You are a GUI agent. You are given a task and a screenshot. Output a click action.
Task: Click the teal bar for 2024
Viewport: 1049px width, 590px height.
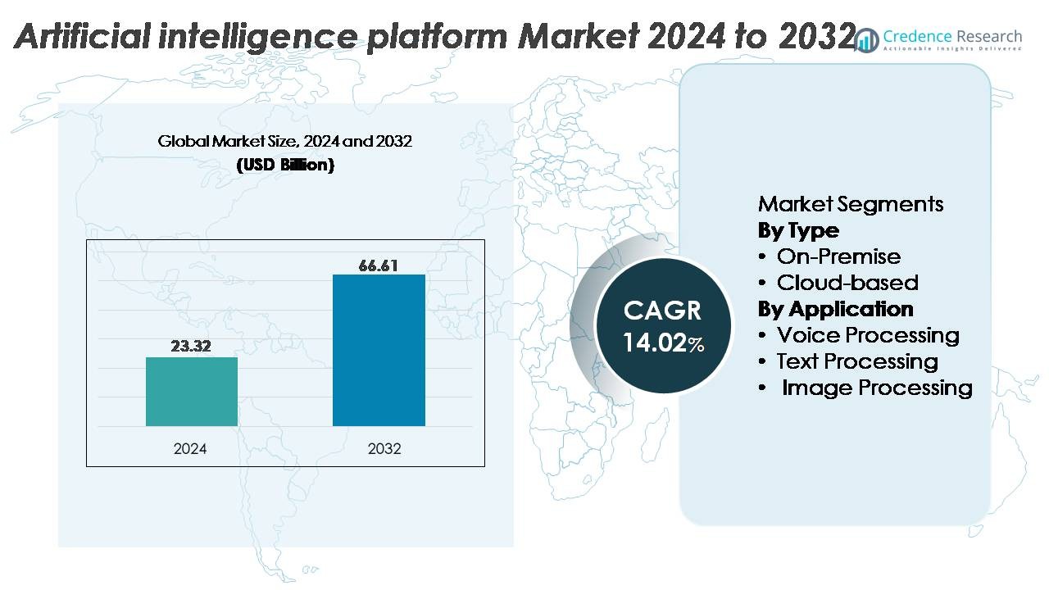coord(192,392)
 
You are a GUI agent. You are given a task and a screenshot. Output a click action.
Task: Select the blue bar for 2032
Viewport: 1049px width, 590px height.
coord(379,350)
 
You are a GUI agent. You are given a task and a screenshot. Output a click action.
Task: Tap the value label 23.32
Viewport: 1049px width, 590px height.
coord(191,347)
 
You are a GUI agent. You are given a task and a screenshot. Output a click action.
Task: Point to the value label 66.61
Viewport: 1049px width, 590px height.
coord(379,265)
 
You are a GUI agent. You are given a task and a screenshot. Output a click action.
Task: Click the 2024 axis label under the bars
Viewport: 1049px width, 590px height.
coord(190,449)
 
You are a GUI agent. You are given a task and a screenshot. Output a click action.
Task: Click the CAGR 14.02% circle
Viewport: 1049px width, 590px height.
coord(662,325)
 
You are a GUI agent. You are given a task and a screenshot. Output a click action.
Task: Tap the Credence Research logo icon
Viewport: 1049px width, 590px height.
coord(865,39)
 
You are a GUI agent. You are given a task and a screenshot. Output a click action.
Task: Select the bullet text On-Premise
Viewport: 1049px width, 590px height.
coord(838,256)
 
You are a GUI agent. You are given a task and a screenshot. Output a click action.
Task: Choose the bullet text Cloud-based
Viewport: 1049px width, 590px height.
coord(847,283)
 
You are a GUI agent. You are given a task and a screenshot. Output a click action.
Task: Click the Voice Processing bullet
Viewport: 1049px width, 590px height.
coord(868,335)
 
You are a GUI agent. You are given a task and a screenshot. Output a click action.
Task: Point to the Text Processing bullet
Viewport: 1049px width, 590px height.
coord(857,361)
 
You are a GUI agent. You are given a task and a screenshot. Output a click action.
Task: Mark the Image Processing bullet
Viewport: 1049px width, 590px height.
coord(877,388)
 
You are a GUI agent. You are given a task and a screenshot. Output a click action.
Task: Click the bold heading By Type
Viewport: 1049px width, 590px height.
coord(798,230)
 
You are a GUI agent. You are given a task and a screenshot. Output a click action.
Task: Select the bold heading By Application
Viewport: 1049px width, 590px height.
coord(835,309)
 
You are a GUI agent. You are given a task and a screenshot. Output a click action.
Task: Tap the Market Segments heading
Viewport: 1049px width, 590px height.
coord(851,204)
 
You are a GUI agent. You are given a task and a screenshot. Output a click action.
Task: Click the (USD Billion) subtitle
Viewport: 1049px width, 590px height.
coord(285,165)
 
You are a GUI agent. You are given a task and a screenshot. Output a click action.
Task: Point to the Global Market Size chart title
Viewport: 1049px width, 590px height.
coord(285,141)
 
